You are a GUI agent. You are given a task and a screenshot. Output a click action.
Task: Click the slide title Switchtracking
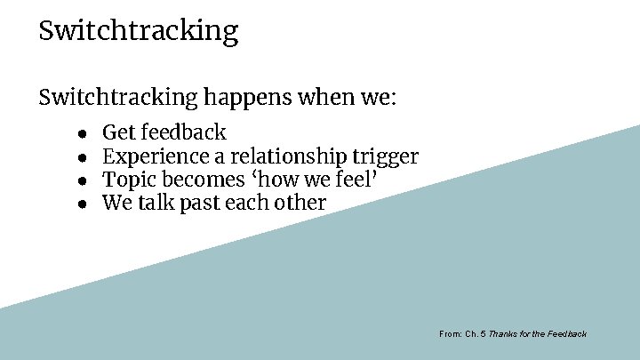(x=139, y=32)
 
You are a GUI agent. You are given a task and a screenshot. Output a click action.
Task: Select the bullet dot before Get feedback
(x=81, y=134)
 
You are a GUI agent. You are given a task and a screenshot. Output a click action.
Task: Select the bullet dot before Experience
(x=81, y=158)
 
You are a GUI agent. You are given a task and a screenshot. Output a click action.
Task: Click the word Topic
(x=127, y=180)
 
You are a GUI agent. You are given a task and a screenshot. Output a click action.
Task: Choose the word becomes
(x=198, y=180)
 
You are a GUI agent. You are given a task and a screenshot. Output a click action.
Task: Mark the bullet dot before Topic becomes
(x=81, y=180)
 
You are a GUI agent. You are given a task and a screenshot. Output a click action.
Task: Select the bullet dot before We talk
(x=81, y=204)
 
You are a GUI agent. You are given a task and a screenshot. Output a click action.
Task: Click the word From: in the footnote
(x=450, y=334)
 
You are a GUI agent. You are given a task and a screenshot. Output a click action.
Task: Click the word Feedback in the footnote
(x=566, y=334)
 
